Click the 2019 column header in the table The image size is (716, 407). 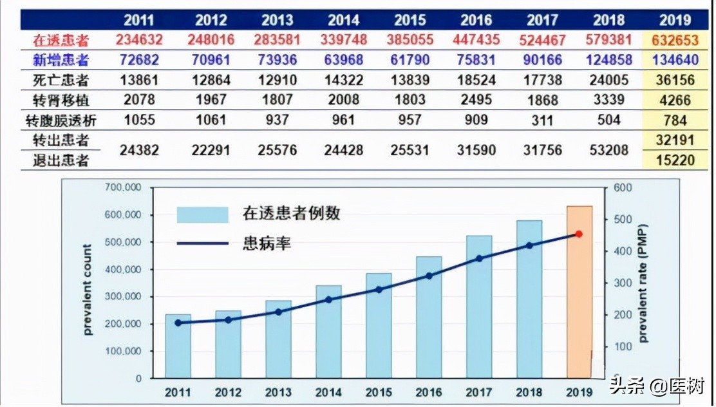[675, 20]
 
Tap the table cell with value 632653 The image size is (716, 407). [675, 40]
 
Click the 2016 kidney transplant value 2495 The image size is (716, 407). [476, 100]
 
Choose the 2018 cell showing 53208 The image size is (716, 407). [609, 150]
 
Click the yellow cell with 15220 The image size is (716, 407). [675, 160]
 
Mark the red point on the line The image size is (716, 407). [579, 234]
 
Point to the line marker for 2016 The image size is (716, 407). [429, 276]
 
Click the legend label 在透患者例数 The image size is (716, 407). [291, 213]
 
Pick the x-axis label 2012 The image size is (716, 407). [228, 392]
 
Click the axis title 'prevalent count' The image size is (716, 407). [89, 289]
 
